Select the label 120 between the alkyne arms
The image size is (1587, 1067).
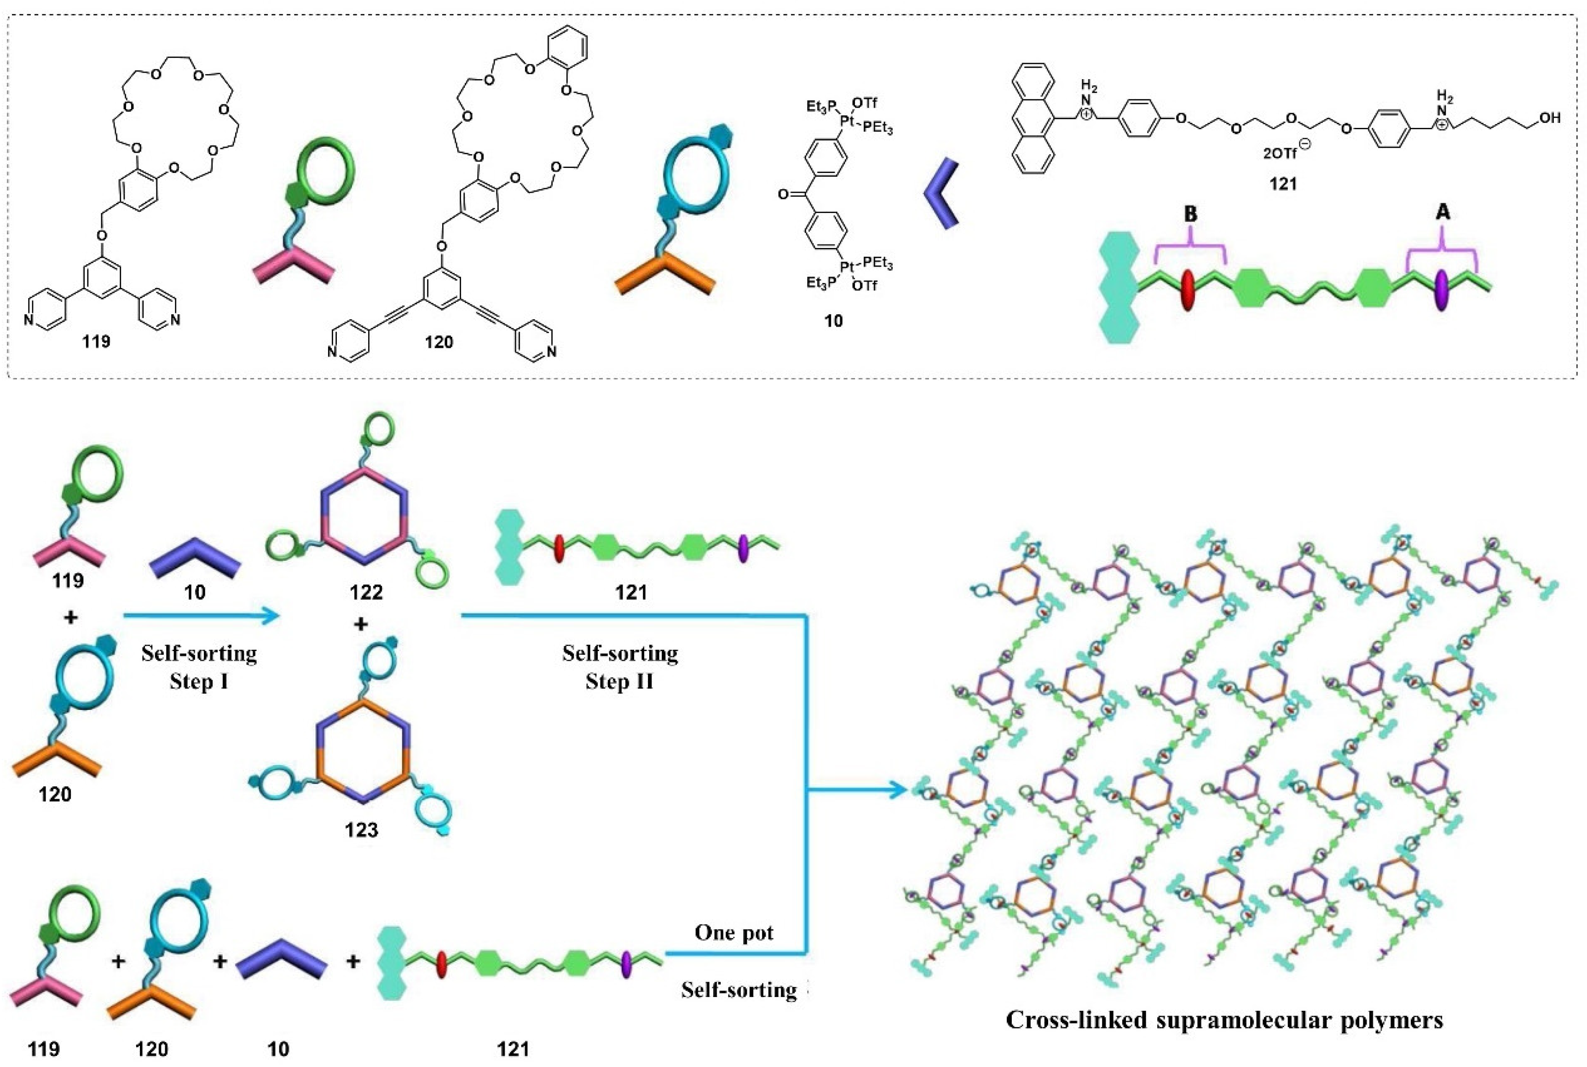click(x=439, y=342)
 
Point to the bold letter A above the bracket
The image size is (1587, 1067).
click(x=1442, y=213)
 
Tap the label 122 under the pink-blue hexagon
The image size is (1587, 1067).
click(x=366, y=592)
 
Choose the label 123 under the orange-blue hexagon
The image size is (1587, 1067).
click(x=361, y=830)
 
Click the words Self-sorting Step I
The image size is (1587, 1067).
click(x=199, y=667)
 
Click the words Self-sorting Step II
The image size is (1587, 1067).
click(x=619, y=667)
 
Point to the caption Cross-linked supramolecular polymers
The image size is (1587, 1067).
click(x=1224, y=1039)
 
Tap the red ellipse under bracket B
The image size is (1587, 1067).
click(x=1188, y=291)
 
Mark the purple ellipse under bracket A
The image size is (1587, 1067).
click(x=1441, y=291)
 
